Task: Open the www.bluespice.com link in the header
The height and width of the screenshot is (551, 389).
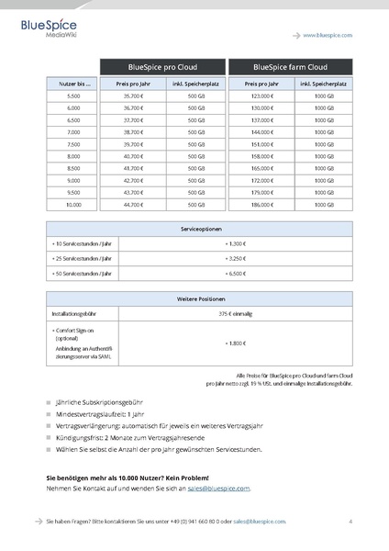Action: point(328,34)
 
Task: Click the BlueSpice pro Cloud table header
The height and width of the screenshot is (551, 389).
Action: point(162,67)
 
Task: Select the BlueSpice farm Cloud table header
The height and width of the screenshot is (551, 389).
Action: point(290,67)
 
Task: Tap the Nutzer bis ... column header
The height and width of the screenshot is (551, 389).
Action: point(73,84)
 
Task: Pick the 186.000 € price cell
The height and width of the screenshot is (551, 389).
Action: point(261,204)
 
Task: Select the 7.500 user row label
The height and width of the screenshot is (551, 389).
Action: point(73,144)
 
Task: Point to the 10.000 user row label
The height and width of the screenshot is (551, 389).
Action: point(73,204)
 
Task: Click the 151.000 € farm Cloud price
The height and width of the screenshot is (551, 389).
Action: point(261,144)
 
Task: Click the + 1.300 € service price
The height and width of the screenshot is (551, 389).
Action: point(235,243)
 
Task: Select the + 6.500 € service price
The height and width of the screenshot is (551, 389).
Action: point(235,274)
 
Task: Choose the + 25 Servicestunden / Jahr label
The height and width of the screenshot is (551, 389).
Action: point(82,259)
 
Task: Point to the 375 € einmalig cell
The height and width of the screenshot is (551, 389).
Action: point(235,314)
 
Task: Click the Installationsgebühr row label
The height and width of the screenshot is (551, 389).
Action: point(72,314)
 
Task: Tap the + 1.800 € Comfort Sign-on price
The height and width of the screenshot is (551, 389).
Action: point(235,343)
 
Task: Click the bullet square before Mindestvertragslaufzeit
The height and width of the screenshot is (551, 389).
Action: point(49,414)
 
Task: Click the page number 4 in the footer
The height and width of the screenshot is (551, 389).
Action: point(350,521)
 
